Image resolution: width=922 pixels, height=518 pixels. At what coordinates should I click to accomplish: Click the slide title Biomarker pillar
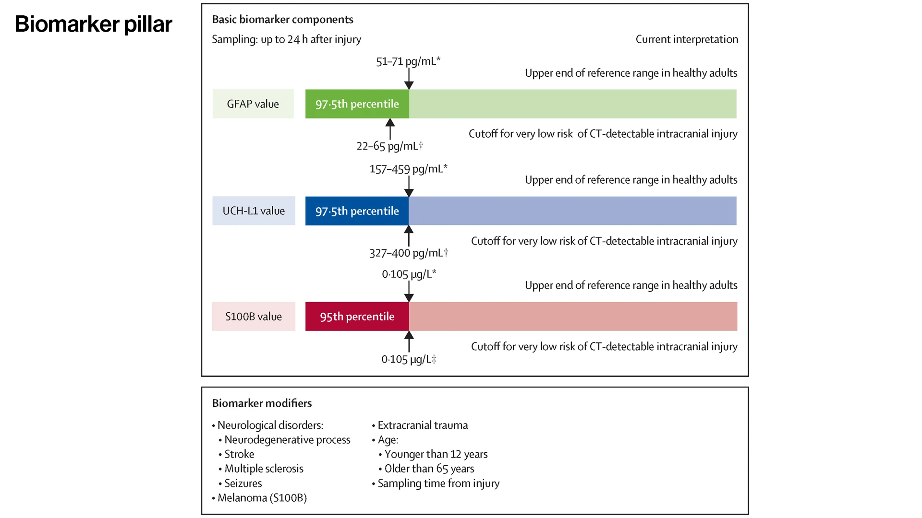click(93, 24)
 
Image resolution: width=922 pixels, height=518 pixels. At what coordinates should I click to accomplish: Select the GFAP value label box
click(253, 104)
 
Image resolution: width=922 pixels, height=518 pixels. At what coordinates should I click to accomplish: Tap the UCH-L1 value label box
click(254, 211)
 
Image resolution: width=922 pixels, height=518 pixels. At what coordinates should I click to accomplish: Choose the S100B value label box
click(254, 317)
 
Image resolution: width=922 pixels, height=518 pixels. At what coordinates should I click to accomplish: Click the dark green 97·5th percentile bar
click(357, 104)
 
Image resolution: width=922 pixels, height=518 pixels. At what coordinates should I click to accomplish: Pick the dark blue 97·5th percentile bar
click(357, 211)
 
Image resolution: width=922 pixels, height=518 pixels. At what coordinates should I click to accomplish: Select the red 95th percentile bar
click(357, 317)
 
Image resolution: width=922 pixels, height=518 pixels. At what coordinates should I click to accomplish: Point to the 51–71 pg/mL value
click(408, 61)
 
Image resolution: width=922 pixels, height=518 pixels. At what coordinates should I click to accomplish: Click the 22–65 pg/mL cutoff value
click(389, 146)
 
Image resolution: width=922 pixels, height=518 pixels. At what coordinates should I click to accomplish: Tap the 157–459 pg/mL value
click(408, 169)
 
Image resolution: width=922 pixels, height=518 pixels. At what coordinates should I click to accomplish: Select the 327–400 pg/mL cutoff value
click(408, 253)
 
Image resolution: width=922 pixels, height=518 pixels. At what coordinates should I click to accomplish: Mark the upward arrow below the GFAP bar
click(390, 129)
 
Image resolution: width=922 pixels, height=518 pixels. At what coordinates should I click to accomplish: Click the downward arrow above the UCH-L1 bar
click(409, 186)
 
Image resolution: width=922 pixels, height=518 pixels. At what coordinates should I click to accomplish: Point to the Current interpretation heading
click(687, 39)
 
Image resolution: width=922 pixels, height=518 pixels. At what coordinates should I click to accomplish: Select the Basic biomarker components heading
click(282, 19)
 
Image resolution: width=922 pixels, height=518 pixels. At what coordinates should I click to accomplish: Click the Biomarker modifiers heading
click(262, 403)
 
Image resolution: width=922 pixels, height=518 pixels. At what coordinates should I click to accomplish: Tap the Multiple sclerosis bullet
click(264, 469)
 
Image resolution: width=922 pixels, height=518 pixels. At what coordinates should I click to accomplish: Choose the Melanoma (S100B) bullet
click(262, 498)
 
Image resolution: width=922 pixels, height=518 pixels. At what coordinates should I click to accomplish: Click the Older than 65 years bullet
click(429, 469)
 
